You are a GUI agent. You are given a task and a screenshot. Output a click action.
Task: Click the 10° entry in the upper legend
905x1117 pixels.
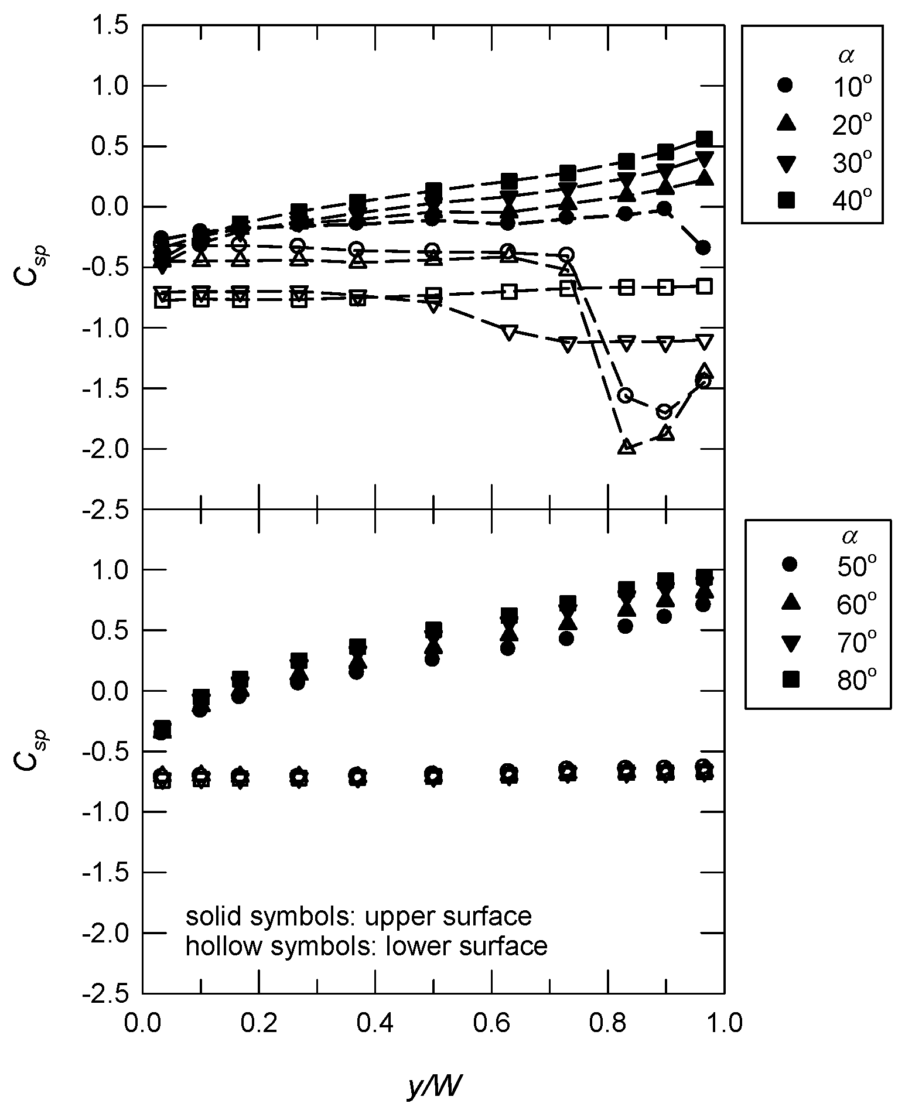(823, 86)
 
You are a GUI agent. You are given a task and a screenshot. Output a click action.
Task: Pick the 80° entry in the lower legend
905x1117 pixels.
(827, 679)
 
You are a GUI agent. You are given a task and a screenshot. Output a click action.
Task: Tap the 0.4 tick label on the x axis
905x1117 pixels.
(374, 1023)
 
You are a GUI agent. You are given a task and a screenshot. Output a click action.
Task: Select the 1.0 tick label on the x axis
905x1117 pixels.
(724, 1023)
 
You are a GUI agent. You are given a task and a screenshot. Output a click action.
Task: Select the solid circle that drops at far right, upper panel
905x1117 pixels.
(704, 248)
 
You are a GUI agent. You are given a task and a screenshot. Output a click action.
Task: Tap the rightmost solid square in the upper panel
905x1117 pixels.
(705, 139)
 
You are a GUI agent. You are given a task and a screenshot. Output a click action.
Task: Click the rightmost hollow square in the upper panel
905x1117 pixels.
(705, 286)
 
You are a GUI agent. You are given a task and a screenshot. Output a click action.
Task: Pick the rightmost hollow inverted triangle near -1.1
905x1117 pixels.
(705, 341)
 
